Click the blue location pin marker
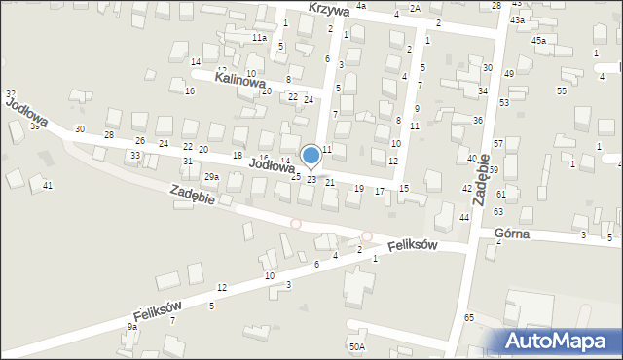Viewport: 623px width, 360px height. [311, 155]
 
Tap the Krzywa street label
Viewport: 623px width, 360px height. [329, 8]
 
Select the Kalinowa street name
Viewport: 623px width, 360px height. [242, 84]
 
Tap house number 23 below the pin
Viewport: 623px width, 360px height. [311, 180]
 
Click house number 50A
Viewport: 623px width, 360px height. [357, 346]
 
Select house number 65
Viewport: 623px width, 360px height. [469, 318]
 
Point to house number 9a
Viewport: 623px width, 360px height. [131, 328]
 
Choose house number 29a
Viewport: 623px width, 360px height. [210, 177]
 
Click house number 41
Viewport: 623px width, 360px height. [48, 184]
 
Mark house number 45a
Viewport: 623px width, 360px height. [538, 40]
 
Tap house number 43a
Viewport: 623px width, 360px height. [518, 19]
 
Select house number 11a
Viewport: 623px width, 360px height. [259, 37]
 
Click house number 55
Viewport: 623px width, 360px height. [562, 90]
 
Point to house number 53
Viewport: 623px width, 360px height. [504, 102]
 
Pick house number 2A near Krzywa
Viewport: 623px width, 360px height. [415, 8]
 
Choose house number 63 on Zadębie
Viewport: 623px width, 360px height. [497, 211]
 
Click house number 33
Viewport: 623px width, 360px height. [135, 156]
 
